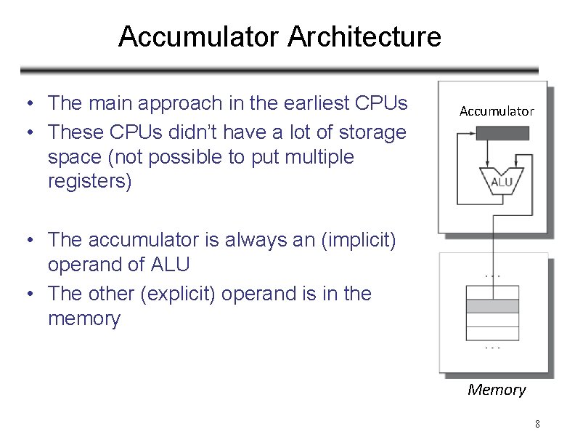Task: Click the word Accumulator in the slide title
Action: (197, 36)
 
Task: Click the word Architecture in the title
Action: (364, 36)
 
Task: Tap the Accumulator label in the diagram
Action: (497, 111)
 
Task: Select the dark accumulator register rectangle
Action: (502, 133)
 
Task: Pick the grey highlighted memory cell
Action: (492, 306)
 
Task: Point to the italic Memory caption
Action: (497, 390)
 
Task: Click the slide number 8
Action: (537, 424)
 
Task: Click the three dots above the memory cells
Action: (492, 276)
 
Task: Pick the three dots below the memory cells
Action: (492, 348)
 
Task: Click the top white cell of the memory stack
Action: (492, 292)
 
